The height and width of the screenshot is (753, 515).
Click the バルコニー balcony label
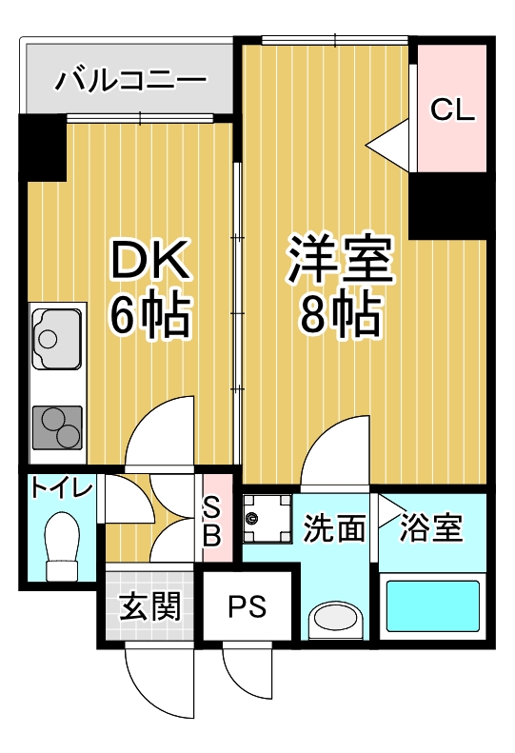coord(130,79)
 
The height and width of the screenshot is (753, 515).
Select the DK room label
coord(149,260)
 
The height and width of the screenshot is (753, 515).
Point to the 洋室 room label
coord(341,259)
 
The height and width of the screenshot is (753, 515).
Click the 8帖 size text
coord(341,313)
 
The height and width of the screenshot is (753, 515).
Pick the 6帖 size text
coord(150,313)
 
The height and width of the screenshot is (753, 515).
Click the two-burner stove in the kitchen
coord(57,427)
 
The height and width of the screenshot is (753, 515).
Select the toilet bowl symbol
coord(62,546)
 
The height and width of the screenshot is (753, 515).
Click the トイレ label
coord(61,489)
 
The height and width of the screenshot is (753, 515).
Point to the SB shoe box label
coord(212,523)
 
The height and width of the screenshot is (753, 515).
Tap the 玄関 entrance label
coord(149,605)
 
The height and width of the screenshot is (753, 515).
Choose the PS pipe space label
coord(247,606)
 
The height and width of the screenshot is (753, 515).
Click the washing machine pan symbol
coord(267,519)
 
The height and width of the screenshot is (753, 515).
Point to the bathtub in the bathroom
coord(433,606)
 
